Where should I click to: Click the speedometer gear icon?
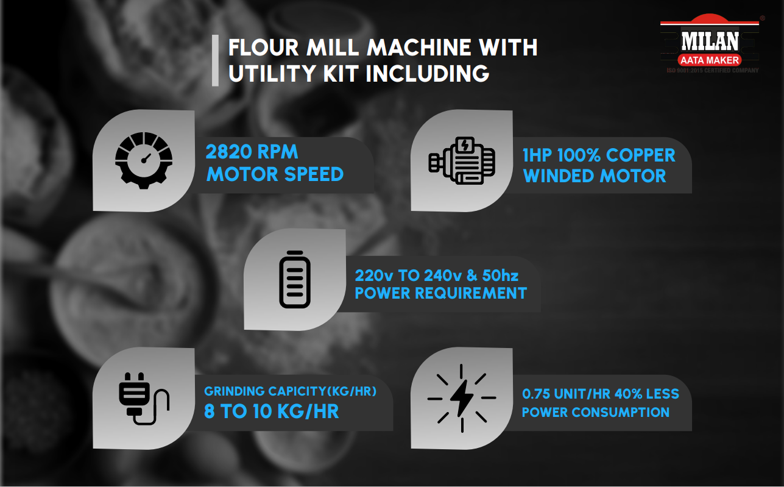144,160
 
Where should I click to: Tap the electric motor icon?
462,161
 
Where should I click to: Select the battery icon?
295,279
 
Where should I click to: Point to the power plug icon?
144,399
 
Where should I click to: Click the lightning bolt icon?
462,398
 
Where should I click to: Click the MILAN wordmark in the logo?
710,41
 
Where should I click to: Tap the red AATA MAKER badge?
710,60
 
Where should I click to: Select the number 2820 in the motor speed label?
229,152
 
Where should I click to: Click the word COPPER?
640,155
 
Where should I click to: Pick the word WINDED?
559,176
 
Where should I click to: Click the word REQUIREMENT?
471,293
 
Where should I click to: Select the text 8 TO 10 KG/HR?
271,411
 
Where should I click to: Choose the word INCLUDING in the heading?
427,74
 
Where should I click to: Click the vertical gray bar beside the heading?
215,60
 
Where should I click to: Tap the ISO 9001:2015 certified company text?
713,70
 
